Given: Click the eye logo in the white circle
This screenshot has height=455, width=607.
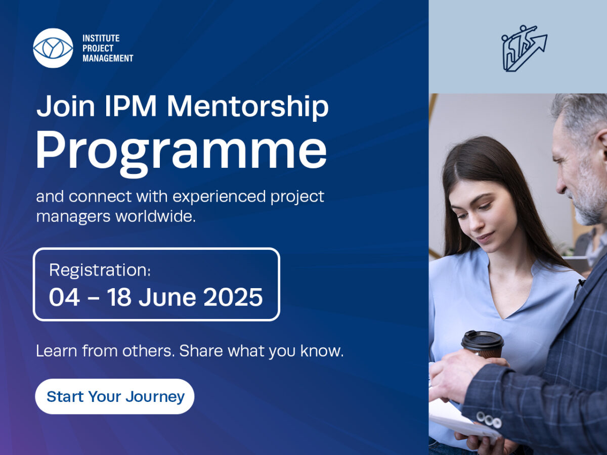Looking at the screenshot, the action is pyautogui.click(x=53, y=48).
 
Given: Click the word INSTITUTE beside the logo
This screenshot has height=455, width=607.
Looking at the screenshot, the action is pyautogui.click(x=101, y=38).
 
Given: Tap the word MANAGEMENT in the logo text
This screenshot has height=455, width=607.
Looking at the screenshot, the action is pyautogui.click(x=108, y=58).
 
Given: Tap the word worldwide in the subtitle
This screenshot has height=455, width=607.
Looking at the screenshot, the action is pyautogui.click(x=155, y=216).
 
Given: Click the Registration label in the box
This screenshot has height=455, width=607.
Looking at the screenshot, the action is pyautogui.click(x=100, y=270).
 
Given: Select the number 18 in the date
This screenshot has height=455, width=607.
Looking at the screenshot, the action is pyautogui.click(x=119, y=297).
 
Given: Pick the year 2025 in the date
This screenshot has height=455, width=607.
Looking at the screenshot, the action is pyautogui.click(x=233, y=297).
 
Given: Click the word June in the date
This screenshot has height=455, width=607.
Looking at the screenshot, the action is pyautogui.click(x=167, y=297).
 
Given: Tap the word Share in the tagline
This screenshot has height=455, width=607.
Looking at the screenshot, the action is pyautogui.click(x=201, y=351).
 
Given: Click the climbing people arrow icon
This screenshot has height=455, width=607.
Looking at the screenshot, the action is pyautogui.click(x=524, y=49).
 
